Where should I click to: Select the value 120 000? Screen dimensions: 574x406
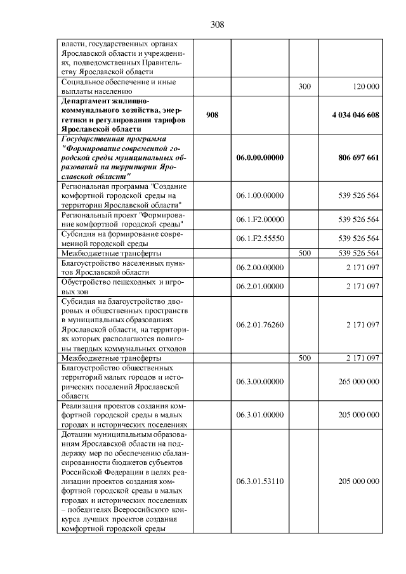click(x=364, y=86)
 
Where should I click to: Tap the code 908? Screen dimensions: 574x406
click(x=212, y=115)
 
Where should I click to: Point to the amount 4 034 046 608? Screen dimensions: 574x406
click(x=355, y=115)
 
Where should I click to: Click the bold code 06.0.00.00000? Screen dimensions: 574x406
click(x=259, y=157)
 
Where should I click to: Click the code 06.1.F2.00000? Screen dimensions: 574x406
click(x=259, y=219)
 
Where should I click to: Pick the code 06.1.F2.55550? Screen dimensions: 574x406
click(x=259, y=238)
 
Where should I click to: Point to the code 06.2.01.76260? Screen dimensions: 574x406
click(x=259, y=324)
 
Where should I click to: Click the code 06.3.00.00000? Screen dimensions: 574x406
click(x=259, y=381)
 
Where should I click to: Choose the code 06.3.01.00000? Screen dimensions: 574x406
click(x=259, y=414)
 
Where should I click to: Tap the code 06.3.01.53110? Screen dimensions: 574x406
click(x=259, y=481)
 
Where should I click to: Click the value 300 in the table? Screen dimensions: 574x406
click(x=304, y=86)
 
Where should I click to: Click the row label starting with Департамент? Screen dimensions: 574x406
click(x=124, y=115)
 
